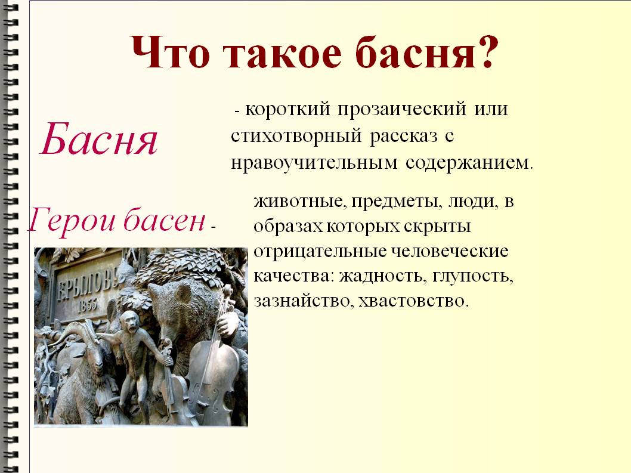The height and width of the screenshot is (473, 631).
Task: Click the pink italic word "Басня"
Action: (99, 140)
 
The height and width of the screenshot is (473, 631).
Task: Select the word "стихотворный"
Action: (296, 137)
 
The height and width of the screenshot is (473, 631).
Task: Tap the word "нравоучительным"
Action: (314, 163)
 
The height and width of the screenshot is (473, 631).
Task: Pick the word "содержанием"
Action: (469, 163)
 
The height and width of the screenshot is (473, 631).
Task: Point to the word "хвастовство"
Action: (413, 301)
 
